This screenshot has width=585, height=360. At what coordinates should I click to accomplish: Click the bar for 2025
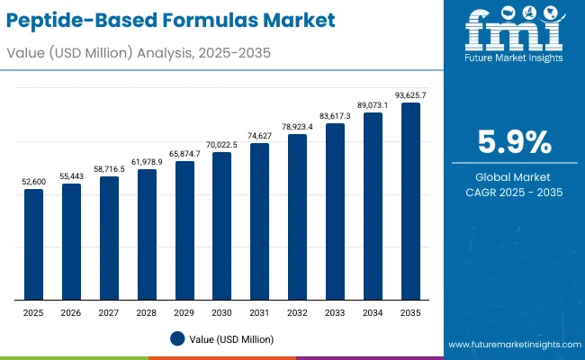pyautogui.click(x=33, y=244)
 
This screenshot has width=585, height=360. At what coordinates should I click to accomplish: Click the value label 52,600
pyautogui.click(x=33, y=182)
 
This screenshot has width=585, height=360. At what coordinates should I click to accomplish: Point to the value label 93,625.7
pyautogui.click(x=410, y=95)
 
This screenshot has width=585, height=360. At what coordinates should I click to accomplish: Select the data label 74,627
pyautogui.click(x=259, y=136)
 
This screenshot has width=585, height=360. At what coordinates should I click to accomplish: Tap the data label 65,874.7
pyautogui.click(x=184, y=155)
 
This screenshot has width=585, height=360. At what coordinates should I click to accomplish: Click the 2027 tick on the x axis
pyautogui.click(x=109, y=311)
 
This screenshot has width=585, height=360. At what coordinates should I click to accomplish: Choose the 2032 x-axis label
pyautogui.click(x=297, y=311)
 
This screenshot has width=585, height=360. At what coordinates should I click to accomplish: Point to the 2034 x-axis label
pyautogui.click(x=373, y=311)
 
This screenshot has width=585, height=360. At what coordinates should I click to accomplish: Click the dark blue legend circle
pyautogui.click(x=177, y=338)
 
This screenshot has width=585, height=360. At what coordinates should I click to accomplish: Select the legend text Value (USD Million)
pyautogui.click(x=231, y=339)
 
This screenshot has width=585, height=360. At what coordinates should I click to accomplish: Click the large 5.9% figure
pyautogui.click(x=512, y=142)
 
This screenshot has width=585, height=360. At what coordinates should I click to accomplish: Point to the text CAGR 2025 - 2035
pyautogui.click(x=512, y=193)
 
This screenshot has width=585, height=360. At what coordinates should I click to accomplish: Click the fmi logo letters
pyautogui.click(x=512, y=32)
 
